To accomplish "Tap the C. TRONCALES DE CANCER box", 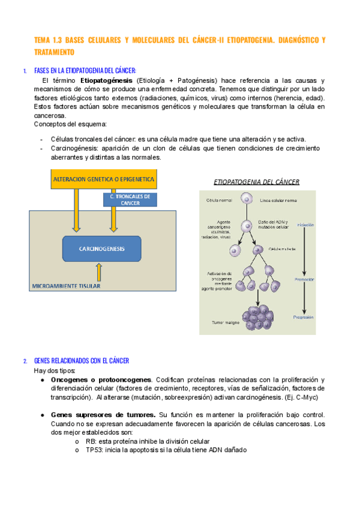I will coord(130,199).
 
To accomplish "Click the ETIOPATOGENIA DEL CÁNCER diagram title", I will coord(256,182).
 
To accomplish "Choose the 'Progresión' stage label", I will coord(304,317).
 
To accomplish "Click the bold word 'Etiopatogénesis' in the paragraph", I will coord(107,80).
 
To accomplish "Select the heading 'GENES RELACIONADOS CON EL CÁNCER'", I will coord(81,361).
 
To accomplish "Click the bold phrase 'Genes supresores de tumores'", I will coord(103,415).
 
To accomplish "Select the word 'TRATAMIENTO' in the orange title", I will coord(58,53).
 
